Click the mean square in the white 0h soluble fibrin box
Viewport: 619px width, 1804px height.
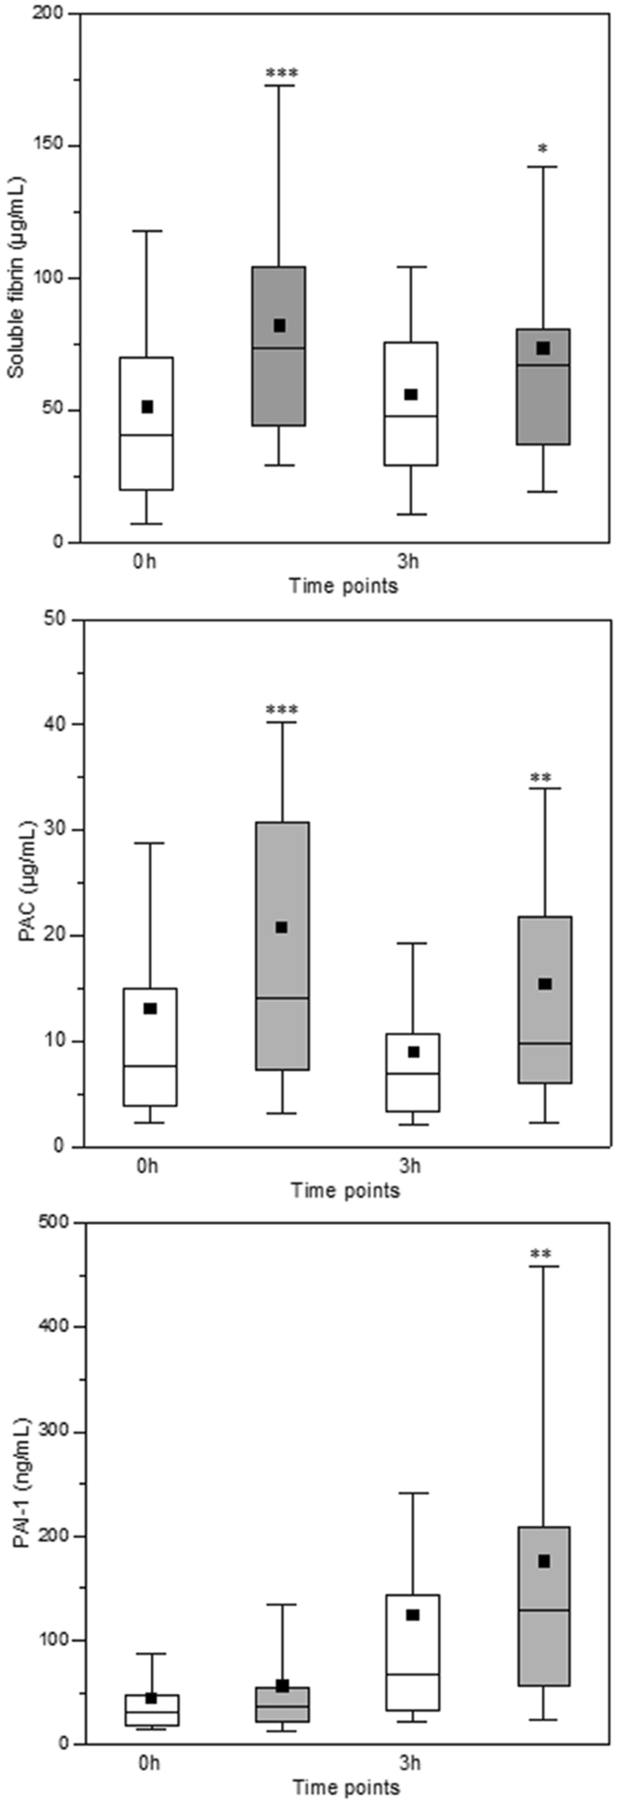click(x=147, y=407)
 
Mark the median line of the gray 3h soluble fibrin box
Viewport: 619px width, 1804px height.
click(x=543, y=364)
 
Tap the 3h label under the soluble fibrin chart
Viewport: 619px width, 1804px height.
click(x=410, y=562)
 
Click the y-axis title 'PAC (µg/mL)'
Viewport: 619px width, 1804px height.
click(x=25, y=882)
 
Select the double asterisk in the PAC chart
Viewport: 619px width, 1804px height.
click(x=543, y=777)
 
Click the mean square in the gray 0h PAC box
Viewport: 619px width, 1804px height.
click(x=281, y=927)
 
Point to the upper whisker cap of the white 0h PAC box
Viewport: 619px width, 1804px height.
click(x=149, y=842)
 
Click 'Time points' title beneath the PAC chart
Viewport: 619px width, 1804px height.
click(x=344, y=1190)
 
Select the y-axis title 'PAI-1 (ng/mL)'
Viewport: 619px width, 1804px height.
click(x=20, y=1482)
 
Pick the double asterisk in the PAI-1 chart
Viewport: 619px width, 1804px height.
click(x=543, y=1254)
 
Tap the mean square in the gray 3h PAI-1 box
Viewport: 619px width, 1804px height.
click(x=544, y=1561)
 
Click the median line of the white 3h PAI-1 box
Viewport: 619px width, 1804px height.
click(x=413, y=1674)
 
